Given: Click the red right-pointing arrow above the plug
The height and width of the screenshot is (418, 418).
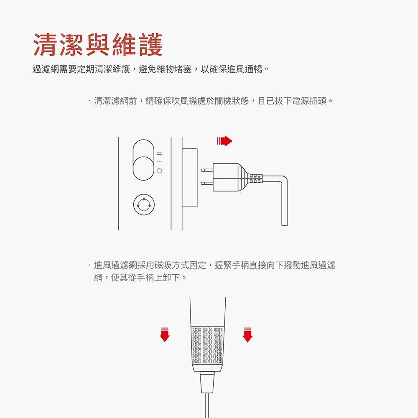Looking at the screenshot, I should (x=224, y=141).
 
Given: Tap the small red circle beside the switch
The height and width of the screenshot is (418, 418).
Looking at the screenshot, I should (x=159, y=171).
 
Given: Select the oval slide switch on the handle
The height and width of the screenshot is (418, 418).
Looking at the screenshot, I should (x=143, y=160).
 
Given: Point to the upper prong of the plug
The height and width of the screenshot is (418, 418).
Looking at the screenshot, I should (x=206, y=170).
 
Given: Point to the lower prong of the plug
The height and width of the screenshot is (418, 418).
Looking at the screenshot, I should (x=206, y=183).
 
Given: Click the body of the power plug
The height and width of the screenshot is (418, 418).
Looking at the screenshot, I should (x=226, y=177).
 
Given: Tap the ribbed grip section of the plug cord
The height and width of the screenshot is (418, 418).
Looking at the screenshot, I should (x=255, y=177).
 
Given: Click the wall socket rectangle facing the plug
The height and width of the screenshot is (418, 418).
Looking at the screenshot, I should (x=190, y=177).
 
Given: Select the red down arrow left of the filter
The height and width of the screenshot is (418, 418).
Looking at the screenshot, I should (x=165, y=334).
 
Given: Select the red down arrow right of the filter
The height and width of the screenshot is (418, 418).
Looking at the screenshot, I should (x=247, y=334).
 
